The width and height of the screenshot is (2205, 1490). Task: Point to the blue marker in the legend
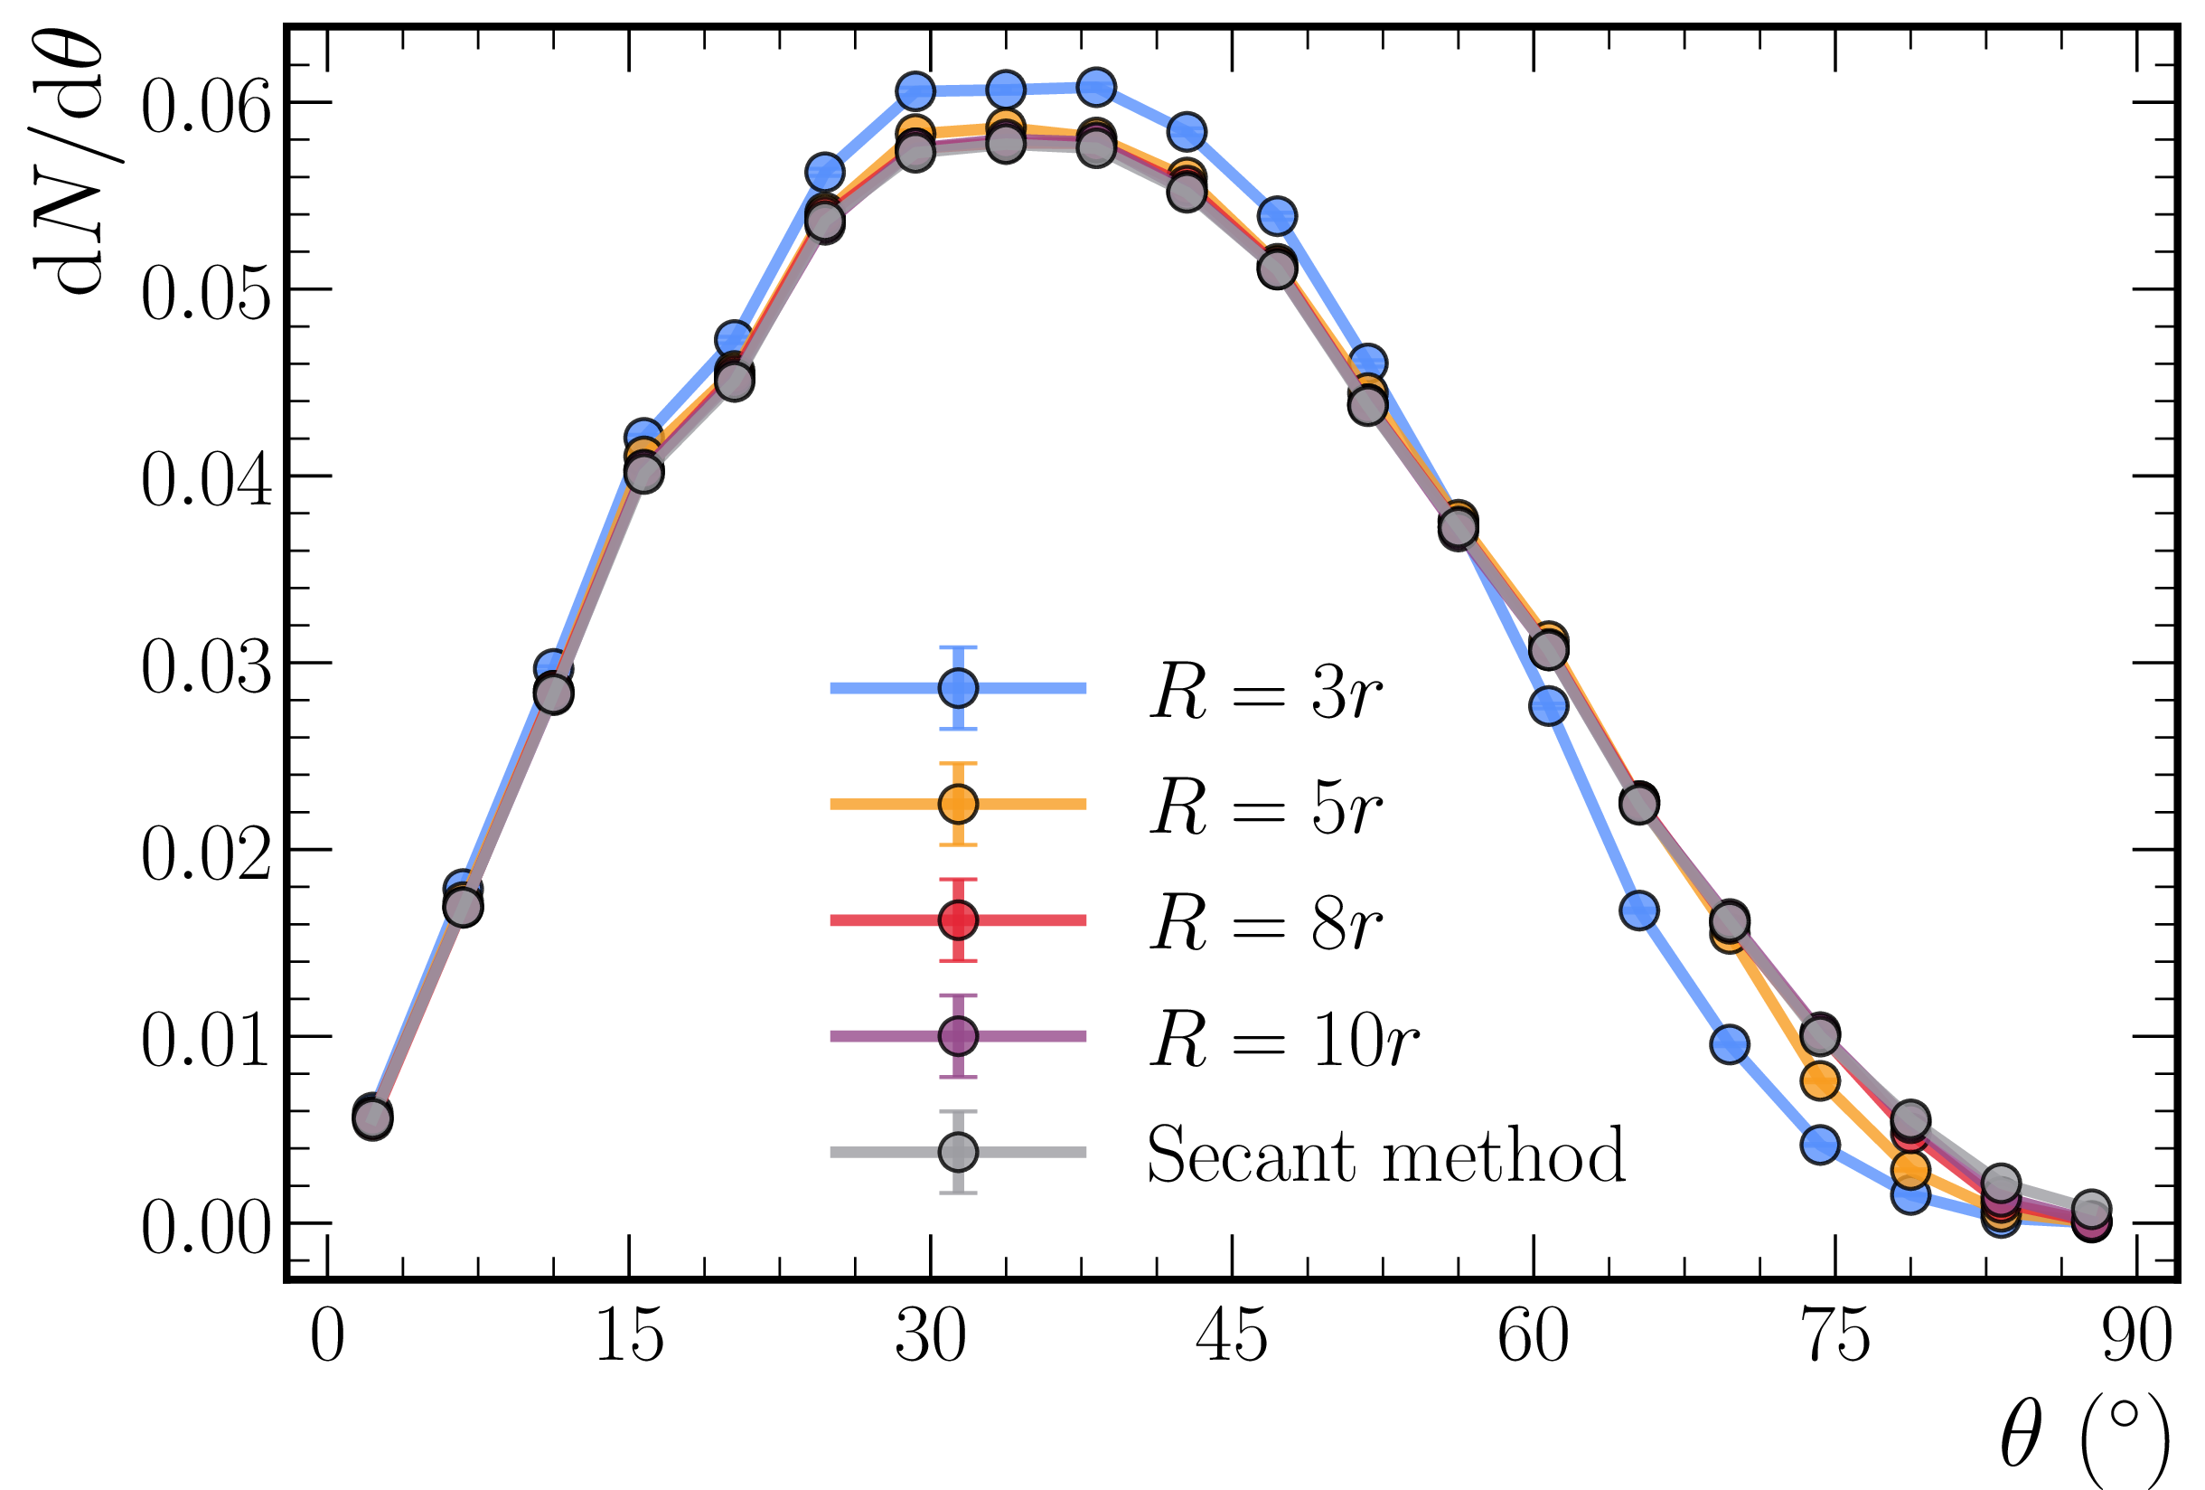[x=958, y=688]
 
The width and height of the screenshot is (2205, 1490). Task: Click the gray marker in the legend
[x=958, y=1152]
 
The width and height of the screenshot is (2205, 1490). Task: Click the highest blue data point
[x=1096, y=88]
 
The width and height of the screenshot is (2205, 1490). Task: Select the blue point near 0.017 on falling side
[x=1639, y=911]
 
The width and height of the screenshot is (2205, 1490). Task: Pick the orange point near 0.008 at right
[x=1821, y=1080]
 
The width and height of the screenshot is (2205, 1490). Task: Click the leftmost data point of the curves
[x=373, y=1118]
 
